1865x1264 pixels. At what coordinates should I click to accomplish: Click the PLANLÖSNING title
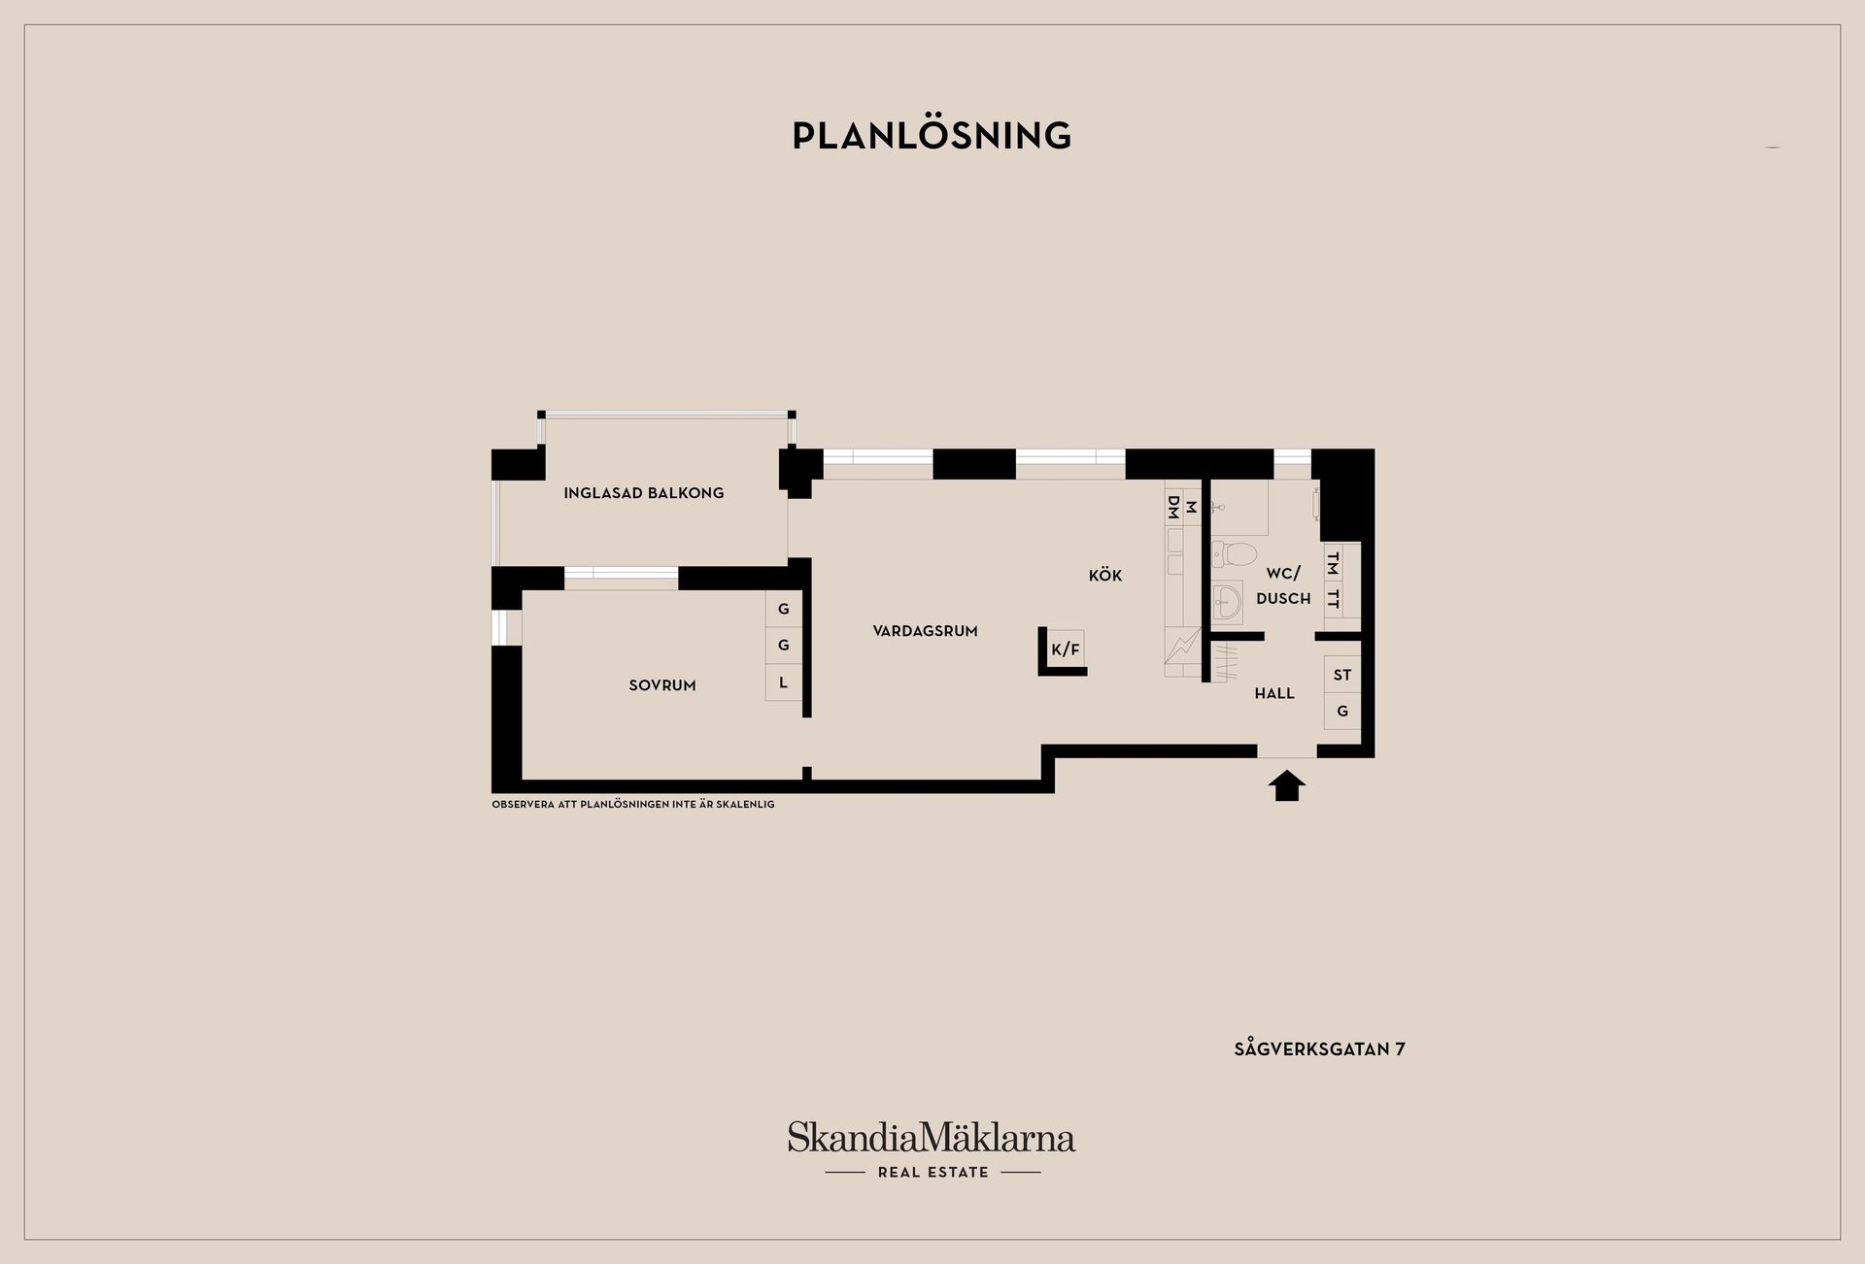point(932,135)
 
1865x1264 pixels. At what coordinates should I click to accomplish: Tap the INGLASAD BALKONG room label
point(644,493)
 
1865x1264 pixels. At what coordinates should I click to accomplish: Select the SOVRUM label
point(662,685)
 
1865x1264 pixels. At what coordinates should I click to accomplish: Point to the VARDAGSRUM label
point(925,631)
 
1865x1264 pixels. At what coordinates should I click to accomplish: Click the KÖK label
point(1105,576)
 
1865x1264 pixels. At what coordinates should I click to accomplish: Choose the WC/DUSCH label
point(1283,586)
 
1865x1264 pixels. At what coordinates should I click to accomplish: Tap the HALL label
point(1274,693)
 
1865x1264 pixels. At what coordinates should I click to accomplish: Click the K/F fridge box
point(1066,649)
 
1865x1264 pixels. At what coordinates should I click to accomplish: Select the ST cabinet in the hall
point(1342,675)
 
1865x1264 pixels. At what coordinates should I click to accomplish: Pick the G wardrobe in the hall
point(1342,712)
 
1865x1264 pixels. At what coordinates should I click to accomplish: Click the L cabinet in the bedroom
point(783,682)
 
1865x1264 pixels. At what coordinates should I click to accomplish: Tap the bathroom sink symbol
point(1227,603)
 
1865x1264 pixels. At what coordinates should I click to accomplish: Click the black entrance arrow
point(1287,785)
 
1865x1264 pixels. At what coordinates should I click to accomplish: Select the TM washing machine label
point(1333,562)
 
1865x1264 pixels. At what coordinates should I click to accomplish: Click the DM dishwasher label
point(1173,507)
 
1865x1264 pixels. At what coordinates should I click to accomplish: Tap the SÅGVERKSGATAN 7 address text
point(1319,1049)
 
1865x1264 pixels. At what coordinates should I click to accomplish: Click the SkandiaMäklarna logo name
point(932,1137)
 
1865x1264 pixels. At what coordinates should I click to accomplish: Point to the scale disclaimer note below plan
point(633,805)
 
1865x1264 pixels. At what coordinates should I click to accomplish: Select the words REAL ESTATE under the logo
point(933,1173)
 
